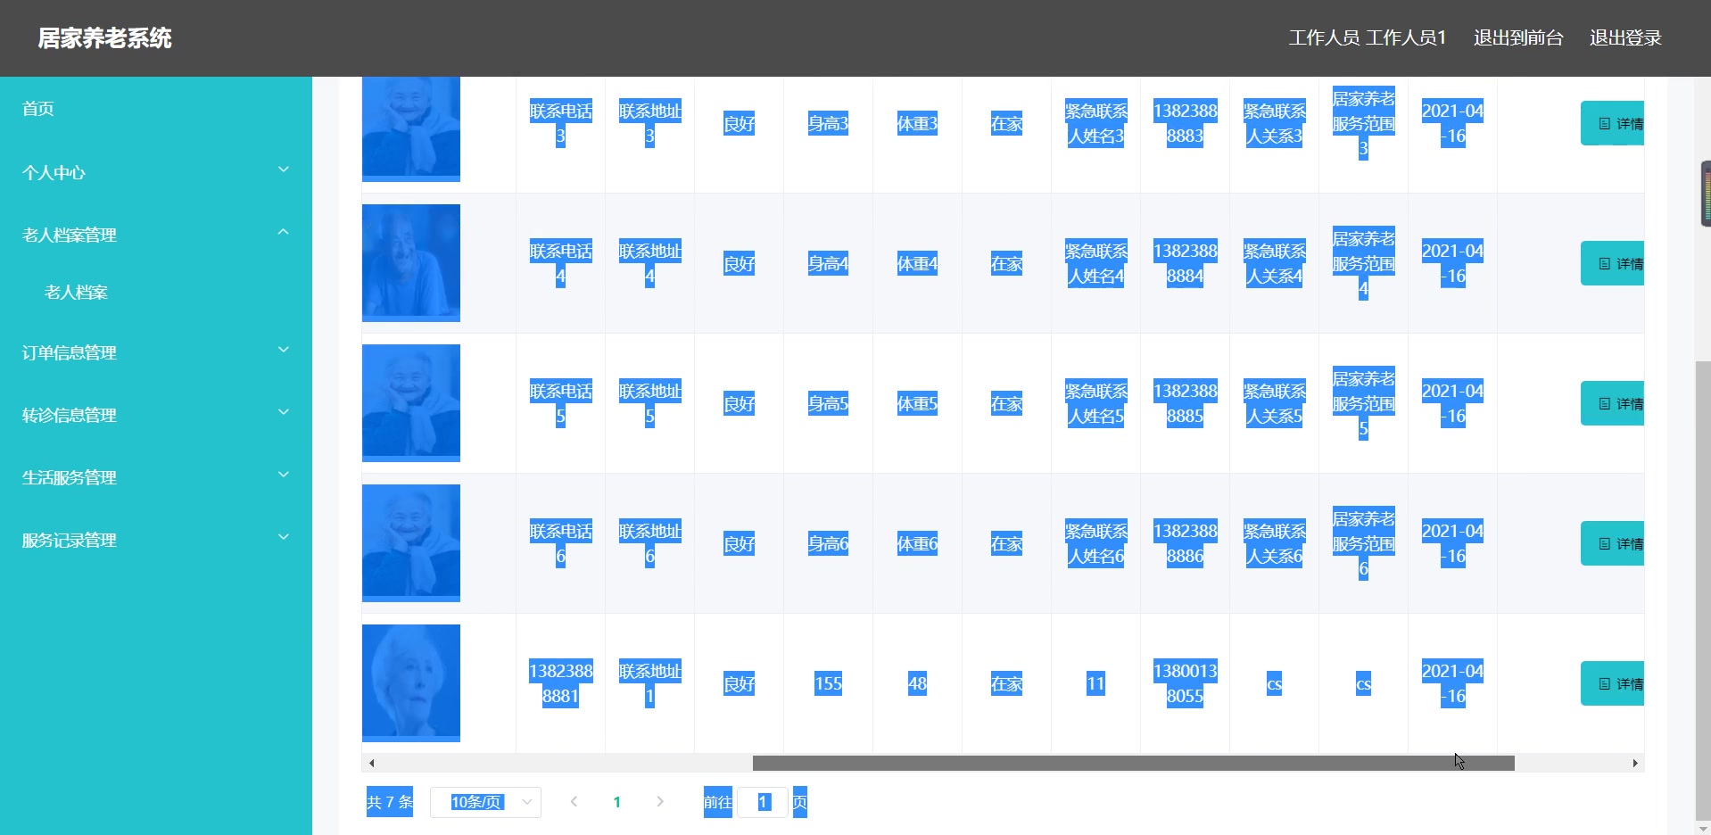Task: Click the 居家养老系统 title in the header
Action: pyautogui.click(x=104, y=38)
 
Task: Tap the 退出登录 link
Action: pyautogui.click(x=1624, y=38)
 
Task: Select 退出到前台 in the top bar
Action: pyautogui.click(x=1517, y=38)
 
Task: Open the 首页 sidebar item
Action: pyautogui.click(x=38, y=109)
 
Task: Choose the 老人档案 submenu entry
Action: pyautogui.click(x=76, y=293)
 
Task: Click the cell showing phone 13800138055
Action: pyautogui.click(x=1185, y=683)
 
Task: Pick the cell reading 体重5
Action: pyautogui.click(x=917, y=404)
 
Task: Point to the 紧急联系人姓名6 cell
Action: pyautogui.click(x=1095, y=543)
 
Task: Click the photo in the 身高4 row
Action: pyautogui.click(x=411, y=263)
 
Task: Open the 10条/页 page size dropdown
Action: pyautogui.click(x=485, y=802)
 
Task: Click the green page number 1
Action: pyautogui.click(x=616, y=802)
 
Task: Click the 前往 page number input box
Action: pyautogui.click(x=763, y=802)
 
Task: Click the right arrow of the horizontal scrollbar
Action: pyautogui.click(x=1634, y=764)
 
